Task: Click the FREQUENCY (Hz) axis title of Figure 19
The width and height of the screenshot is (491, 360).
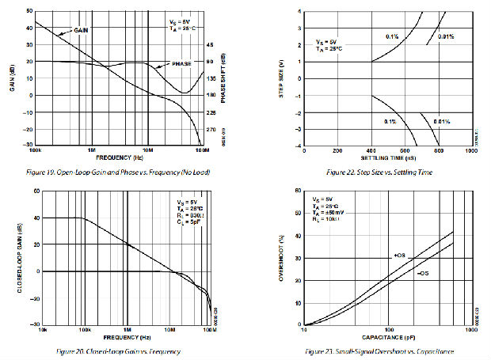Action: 120,156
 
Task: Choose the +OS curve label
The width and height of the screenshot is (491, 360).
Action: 400,255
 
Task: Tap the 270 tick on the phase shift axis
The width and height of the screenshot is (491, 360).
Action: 210,129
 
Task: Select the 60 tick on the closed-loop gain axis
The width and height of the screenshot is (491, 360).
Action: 36,191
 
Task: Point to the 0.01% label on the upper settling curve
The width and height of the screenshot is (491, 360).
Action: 445,36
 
